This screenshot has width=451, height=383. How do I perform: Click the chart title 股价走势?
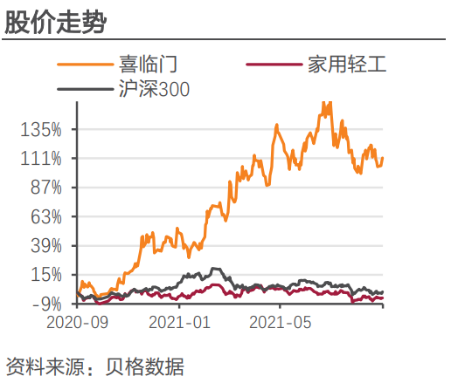coord(55,21)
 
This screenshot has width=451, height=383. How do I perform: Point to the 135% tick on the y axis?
coord(41,130)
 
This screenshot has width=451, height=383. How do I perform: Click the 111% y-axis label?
coord(41,159)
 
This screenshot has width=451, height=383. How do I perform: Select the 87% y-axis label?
coord(45,188)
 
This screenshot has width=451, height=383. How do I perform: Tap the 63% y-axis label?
coord(45,216)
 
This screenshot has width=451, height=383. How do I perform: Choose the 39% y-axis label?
coord(45,245)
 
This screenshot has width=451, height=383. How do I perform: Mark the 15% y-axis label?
coord(45,275)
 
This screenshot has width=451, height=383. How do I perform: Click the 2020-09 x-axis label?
coord(77,322)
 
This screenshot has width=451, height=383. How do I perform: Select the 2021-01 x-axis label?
coord(178,322)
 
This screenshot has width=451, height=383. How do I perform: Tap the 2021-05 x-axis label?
coord(280,322)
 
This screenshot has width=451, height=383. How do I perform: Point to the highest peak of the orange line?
coord(325,103)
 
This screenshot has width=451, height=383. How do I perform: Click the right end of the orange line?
coord(383,158)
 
